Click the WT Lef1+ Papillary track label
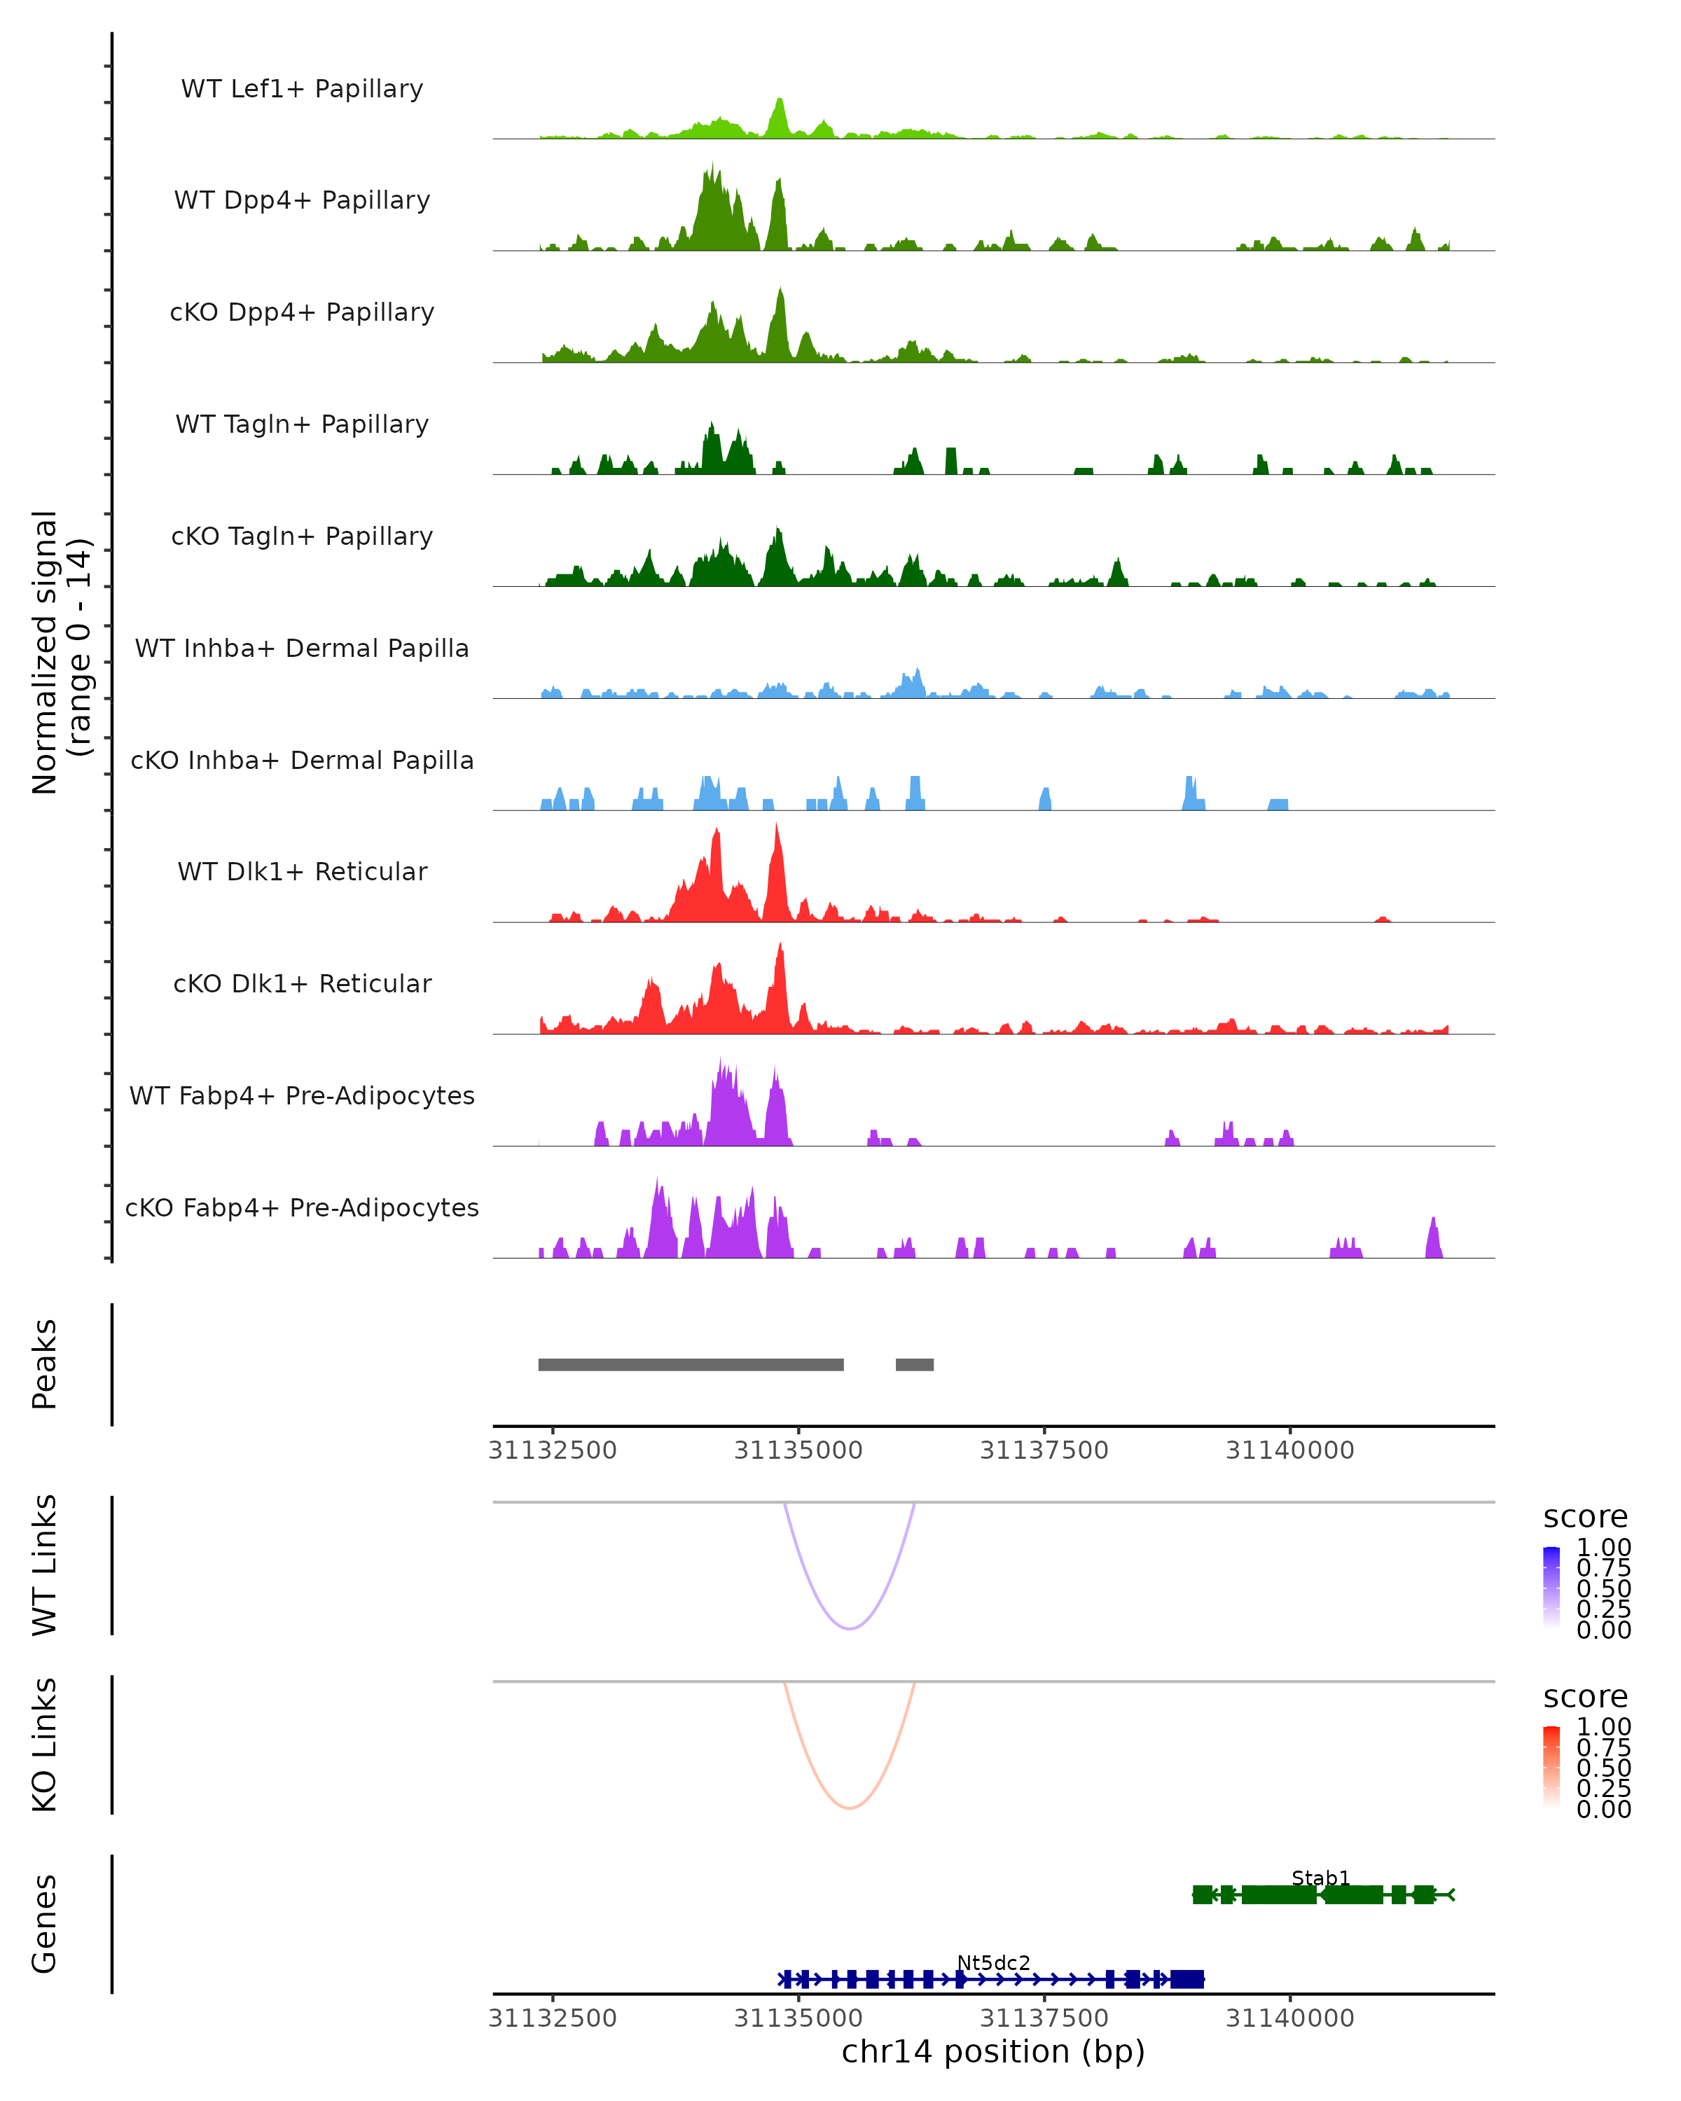point(302,89)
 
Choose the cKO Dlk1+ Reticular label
point(302,983)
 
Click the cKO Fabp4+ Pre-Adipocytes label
point(302,1207)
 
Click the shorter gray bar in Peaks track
point(914,1364)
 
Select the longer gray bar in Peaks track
point(691,1364)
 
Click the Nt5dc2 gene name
point(993,1962)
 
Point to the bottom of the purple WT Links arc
point(850,1628)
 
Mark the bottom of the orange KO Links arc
point(850,1808)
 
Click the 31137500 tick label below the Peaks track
point(1044,1450)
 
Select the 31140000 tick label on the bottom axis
point(1289,2018)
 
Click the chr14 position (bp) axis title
point(993,2052)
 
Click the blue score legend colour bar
point(1551,1588)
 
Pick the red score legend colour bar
point(1551,1768)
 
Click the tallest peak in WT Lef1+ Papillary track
point(780,102)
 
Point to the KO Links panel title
point(45,1745)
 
